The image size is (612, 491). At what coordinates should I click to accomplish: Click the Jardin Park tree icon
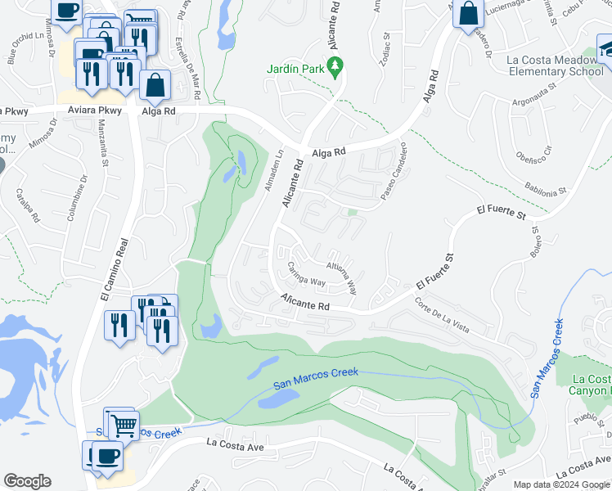click(x=333, y=65)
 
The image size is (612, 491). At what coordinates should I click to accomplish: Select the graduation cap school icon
click(x=605, y=47)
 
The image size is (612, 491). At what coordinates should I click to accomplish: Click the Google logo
click(x=27, y=481)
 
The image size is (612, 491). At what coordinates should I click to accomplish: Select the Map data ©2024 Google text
click(x=560, y=484)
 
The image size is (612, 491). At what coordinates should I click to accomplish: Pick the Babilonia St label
click(x=545, y=189)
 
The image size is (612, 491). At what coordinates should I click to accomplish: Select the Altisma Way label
click(x=342, y=276)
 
